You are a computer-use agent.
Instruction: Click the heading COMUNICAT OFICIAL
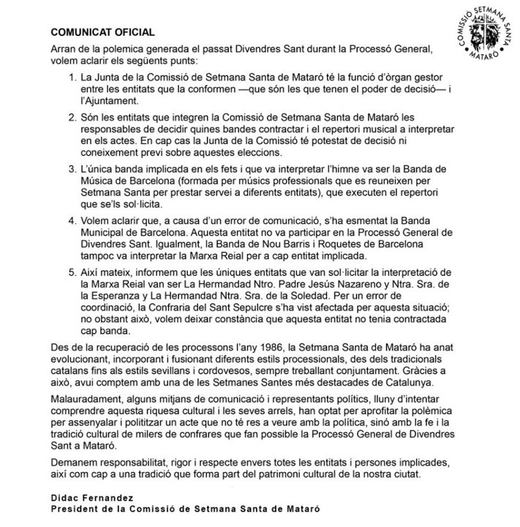(102, 33)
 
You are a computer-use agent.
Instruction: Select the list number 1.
(70, 77)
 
